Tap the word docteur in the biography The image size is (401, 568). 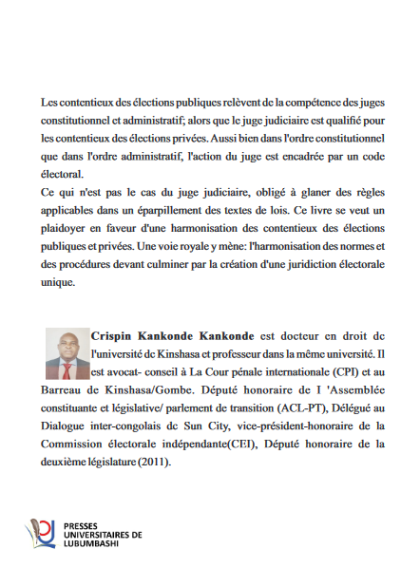(x=288, y=335)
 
